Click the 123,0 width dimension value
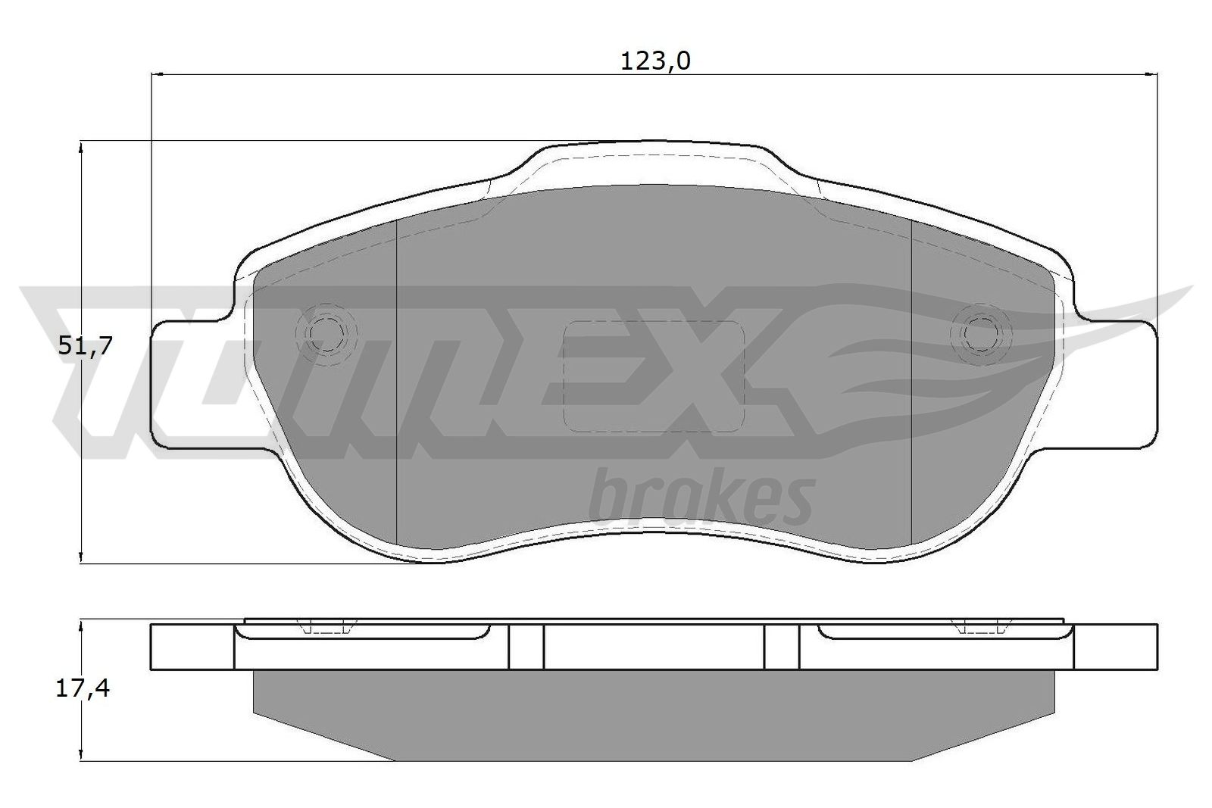[655, 61]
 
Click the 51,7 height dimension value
[85, 345]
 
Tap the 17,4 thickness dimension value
[83, 689]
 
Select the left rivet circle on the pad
[325, 335]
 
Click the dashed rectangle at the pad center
[654, 376]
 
